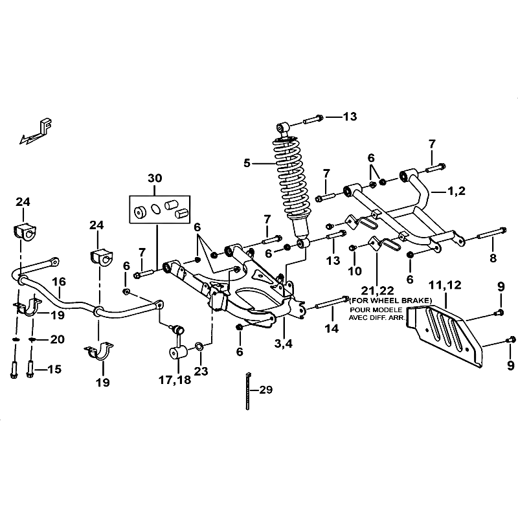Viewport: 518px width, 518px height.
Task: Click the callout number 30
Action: (155, 179)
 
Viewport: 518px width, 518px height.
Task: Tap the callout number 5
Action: (247, 163)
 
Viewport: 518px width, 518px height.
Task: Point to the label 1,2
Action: (456, 191)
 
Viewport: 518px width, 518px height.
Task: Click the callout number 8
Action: (493, 258)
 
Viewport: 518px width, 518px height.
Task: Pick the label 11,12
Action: (445, 285)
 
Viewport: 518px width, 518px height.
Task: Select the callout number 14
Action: (332, 328)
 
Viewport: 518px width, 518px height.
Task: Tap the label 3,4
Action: (284, 344)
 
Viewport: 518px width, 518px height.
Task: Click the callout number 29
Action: (266, 390)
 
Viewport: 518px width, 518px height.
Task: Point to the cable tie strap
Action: (248, 391)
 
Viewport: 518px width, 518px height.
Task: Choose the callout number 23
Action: (201, 371)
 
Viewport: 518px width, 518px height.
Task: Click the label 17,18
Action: (175, 380)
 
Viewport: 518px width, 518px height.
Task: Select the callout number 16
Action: (59, 282)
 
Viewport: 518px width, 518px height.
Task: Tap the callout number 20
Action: (57, 339)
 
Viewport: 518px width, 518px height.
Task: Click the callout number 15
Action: (54, 369)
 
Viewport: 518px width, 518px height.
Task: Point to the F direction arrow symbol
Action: (36, 132)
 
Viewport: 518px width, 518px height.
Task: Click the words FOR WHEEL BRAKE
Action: (390, 300)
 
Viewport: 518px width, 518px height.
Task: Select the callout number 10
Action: (355, 271)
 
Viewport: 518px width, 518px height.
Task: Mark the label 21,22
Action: (377, 291)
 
